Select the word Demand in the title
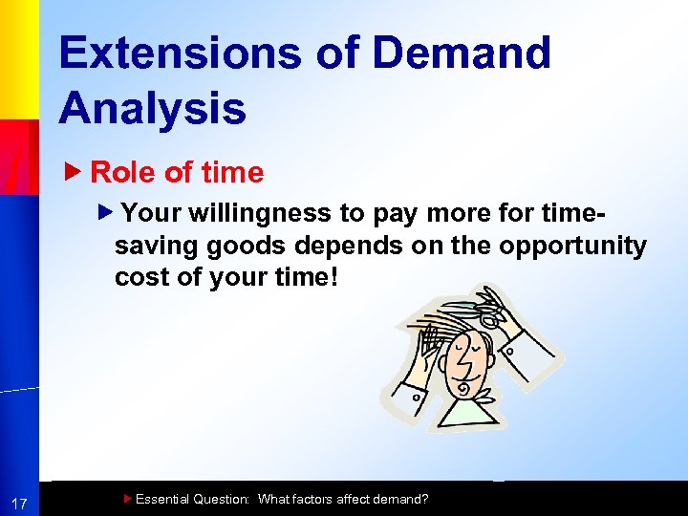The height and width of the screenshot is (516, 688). tap(462, 53)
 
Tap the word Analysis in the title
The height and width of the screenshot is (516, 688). tap(152, 108)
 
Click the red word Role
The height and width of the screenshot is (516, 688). tap(124, 173)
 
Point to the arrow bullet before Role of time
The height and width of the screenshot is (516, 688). tap(79, 173)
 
